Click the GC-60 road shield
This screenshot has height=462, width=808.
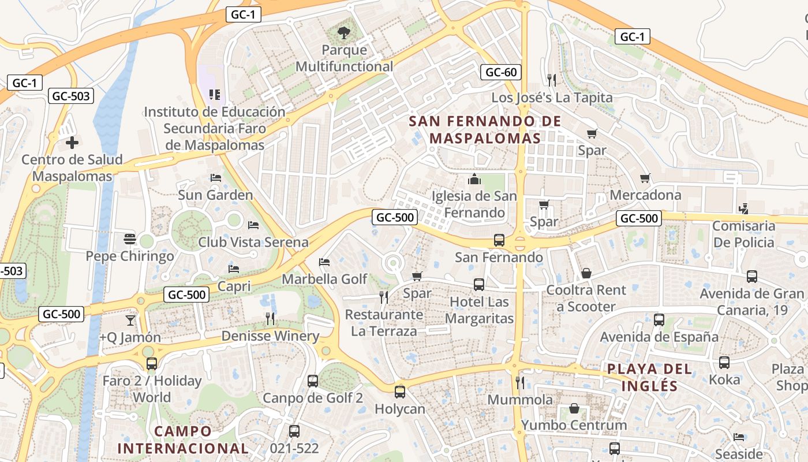(x=501, y=72)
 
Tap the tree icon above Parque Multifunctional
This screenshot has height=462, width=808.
(x=344, y=32)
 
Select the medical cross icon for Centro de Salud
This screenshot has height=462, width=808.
(x=72, y=142)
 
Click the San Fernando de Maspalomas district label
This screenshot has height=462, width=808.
(x=485, y=130)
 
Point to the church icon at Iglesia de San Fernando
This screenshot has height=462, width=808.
(x=474, y=179)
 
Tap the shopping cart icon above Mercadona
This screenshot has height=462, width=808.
(x=645, y=178)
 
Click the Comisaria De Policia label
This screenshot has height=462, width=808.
(x=743, y=234)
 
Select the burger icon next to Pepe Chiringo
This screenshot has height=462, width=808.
(x=130, y=239)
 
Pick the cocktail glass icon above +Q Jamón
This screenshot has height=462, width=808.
(x=130, y=320)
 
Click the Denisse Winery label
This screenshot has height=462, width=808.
(x=270, y=336)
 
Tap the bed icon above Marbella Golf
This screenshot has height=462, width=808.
(x=324, y=262)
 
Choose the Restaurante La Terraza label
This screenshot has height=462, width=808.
(x=384, y=323)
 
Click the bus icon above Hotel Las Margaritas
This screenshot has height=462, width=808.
(x=479, y=285)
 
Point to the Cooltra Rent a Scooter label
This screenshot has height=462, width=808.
(x=586, y=299)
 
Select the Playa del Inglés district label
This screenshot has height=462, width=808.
(x=649, y=377)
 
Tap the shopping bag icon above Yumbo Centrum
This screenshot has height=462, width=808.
(x=574, y=408)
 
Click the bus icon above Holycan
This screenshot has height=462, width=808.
(x=399, y=392)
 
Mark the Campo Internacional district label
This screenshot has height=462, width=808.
(x=182, y=439)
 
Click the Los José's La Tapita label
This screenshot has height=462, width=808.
(x=552, y=98)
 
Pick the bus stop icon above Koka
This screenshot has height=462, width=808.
(x=724, y=363)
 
